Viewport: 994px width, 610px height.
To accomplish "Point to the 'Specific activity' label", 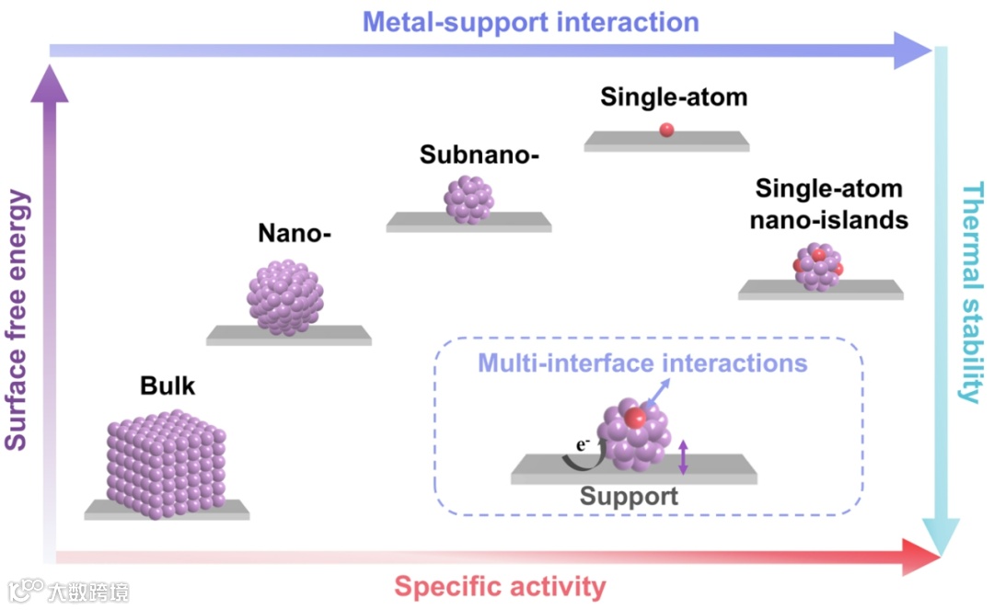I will [x=501, y=586].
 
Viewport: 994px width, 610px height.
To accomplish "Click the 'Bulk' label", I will [x=168, y=386].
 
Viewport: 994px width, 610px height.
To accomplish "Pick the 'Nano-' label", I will [x=294, y=235].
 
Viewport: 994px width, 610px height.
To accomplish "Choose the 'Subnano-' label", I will [x=479, y=155].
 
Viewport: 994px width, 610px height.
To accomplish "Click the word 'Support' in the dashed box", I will [x=629, y=497].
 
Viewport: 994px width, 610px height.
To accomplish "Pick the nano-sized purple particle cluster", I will [x=286, y=297].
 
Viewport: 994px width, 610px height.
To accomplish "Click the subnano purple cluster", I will [x=468, y=200].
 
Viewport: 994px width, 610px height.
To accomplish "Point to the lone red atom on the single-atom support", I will [x=666, y=131].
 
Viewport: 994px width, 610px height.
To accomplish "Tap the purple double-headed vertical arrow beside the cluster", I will [x=683, y=457].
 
